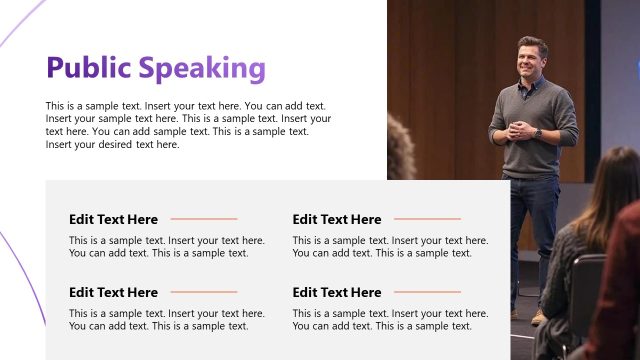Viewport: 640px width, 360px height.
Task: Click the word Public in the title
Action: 89,68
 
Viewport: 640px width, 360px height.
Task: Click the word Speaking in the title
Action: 202,68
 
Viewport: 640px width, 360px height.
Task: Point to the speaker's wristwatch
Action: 537,132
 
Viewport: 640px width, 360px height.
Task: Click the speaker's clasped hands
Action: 522,130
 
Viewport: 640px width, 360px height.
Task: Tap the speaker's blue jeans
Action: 530,220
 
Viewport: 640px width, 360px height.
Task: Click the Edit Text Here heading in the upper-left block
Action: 113,219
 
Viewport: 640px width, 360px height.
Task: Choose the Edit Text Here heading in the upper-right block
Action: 336,219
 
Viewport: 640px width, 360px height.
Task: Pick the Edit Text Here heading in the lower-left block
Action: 113,292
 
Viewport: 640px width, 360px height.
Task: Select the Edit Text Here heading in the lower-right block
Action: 336,292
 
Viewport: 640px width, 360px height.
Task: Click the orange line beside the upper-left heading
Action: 204,219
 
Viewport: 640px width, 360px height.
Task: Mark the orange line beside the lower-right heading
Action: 427,292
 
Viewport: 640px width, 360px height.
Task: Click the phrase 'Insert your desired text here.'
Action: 113,144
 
